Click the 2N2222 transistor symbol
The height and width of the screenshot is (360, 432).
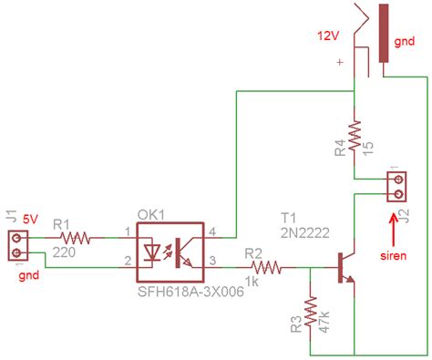click(x=345, y=269)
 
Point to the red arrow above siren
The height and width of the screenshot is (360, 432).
click(x=395, y=222)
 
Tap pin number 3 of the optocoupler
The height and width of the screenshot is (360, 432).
click(x=214, y=262)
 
